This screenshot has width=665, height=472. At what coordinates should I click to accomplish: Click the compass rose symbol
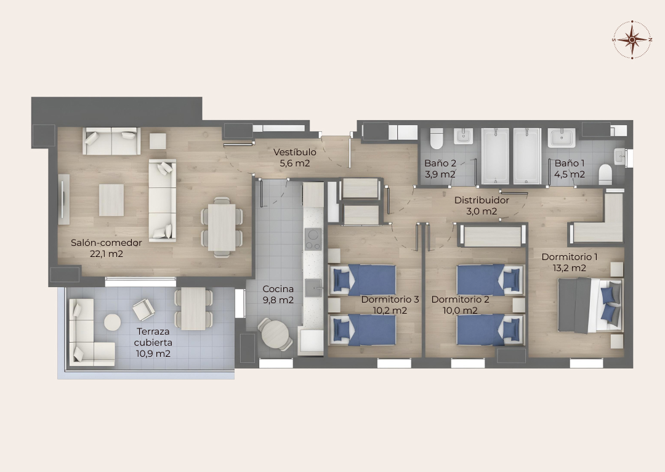(x=632, y=39)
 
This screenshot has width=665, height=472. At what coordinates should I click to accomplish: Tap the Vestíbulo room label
(x=295, y=152)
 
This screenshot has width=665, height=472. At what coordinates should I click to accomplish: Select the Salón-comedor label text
(x=106, y=243)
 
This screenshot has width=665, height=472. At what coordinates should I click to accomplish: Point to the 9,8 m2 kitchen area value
(x=278, y=300)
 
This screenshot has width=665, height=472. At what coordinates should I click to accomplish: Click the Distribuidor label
(x=482, y=200)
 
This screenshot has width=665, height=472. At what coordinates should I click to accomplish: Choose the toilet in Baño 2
(x=437, y=138)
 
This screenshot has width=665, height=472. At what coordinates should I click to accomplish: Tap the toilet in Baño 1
(x=605, y=174)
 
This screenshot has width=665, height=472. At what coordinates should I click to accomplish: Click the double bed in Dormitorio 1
(x=590, y=305)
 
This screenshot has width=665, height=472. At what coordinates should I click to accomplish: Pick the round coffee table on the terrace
(x=113, y=322)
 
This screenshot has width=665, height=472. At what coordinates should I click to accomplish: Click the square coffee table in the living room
(x=111, y=200)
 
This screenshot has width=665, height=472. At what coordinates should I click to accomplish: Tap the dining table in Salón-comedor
(x=222, y=227)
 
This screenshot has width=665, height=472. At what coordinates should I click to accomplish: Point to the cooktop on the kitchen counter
(x=313, y=240)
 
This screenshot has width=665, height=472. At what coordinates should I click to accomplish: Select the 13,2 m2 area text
(x=570, y=268)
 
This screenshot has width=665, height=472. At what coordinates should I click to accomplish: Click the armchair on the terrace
(x=143, y=309)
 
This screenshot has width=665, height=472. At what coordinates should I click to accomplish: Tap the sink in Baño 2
(x=463, y=137)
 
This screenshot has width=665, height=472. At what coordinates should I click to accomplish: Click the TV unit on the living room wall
(x=63, y=200)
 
